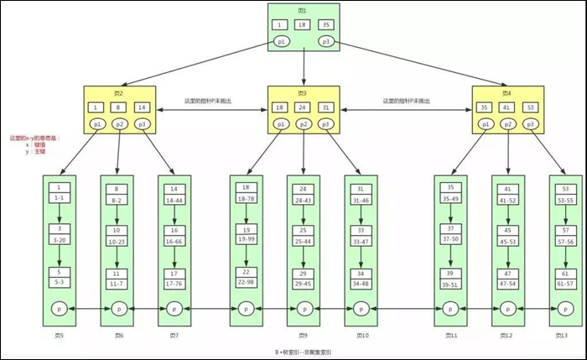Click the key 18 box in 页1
point(304,24)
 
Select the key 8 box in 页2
point(119,107)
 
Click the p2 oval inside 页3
point(304,124)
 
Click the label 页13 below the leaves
point(562,335)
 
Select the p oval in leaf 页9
point(303,309)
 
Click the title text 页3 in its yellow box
point(303,92)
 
